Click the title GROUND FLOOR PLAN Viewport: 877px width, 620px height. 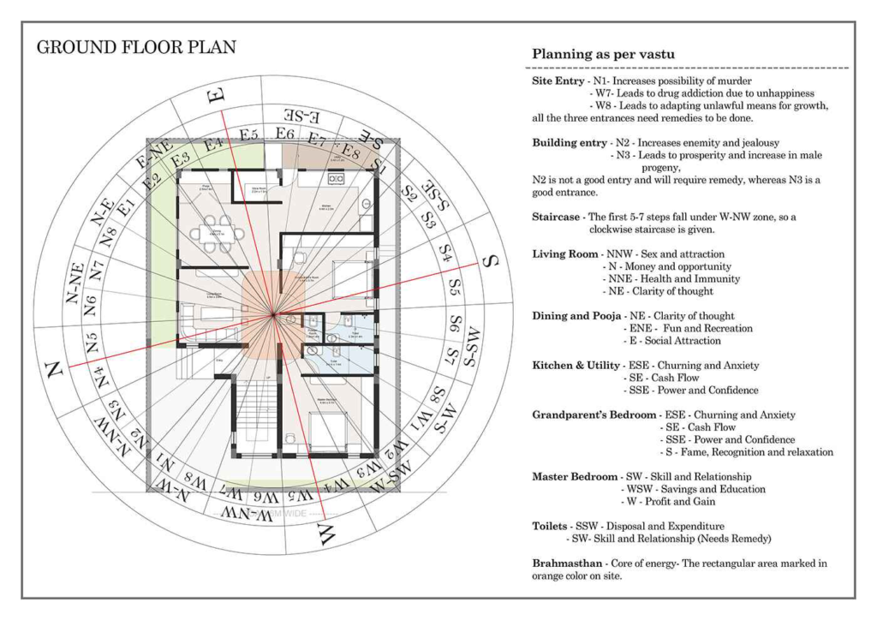136,47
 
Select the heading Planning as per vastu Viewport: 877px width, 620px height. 603,54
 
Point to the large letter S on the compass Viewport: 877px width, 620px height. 491,260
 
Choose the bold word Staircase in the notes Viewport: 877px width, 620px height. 558,218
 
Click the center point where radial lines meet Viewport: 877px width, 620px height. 273,316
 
